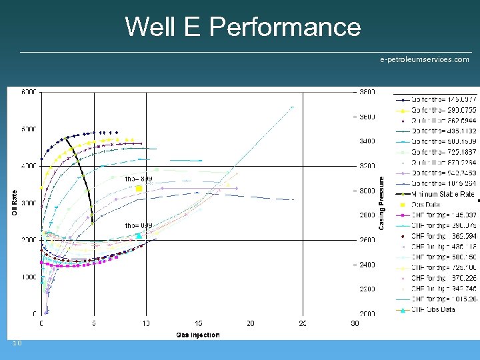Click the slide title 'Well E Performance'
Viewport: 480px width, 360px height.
click(x=243, y=27)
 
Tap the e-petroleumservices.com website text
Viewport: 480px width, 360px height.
click(x=424, y=60)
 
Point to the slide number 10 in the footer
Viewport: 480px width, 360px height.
click(x=17, y=343)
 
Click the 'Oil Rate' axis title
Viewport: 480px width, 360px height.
click(x=14, y=203)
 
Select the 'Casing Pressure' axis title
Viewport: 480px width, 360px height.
click(x=381, y=203)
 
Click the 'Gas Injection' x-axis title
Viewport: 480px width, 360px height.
click(x=197, y=335)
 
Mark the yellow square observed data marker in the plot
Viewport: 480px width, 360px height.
click(x=139, y=189)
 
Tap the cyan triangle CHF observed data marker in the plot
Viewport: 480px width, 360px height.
click(x=139, y=235)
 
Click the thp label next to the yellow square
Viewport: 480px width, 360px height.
click(x=139, y=179)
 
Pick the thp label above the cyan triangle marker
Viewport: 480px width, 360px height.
click(x=139, y=225)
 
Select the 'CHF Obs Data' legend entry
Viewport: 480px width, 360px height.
click(x=433, y=309)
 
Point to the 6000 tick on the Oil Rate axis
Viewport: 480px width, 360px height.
click(x=29, y=92)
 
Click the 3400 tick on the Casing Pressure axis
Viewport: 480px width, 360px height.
click(x=366, y=141)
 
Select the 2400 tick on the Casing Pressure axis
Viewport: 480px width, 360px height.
click(x=366, y=265)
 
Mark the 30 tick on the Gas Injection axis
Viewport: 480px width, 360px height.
click(x=355, y=323)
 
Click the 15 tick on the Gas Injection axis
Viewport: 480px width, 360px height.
click(x=198, y=323)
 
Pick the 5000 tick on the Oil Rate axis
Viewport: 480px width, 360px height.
click(x=29, y=129)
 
